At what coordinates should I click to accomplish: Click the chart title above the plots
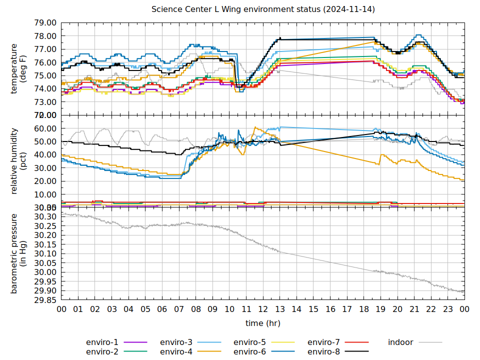(x=263, y=9)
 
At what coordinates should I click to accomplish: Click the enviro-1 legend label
(x=102, y=342)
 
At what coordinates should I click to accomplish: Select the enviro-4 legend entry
(x=176, y=351)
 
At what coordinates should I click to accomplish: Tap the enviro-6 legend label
(x=250, y=351)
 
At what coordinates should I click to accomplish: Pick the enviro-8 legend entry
(x=323, y=351)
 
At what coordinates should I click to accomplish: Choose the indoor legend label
(x=400, y=342)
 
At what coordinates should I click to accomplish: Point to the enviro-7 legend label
(x=323, y=342)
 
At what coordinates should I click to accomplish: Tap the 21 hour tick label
(x=414, y=310)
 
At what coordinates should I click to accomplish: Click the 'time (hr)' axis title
(x=263, y=323)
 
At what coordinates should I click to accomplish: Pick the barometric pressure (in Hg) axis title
(x=18, y=253)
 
